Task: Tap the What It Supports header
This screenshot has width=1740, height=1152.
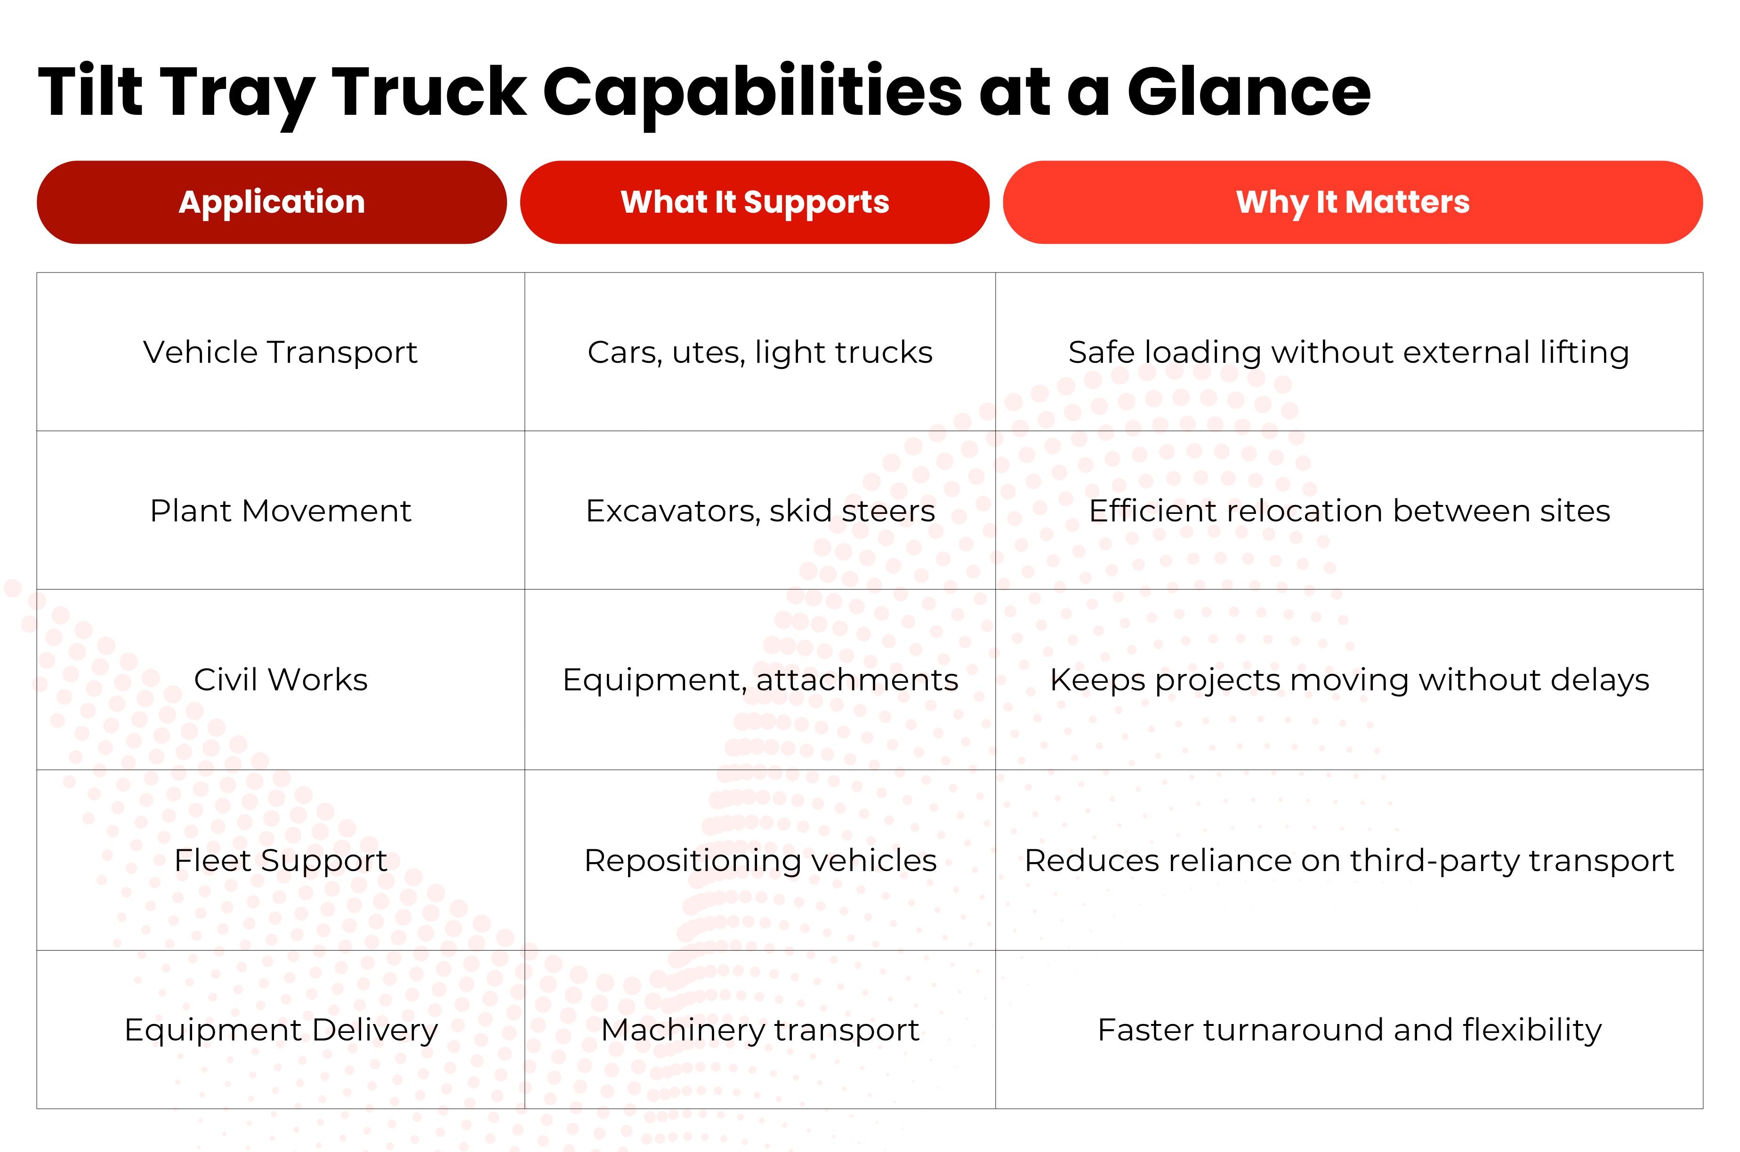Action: pos(755,202)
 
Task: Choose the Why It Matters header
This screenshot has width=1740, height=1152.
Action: pos(1352,202)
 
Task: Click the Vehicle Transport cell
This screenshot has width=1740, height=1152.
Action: pos(280,352)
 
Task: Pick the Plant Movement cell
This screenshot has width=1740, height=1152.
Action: pos(280,511)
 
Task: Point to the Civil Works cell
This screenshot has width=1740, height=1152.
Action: pos(280,680)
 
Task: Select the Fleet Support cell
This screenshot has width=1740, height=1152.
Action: pos(280,860)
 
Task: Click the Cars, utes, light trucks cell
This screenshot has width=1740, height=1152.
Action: pos(760,352)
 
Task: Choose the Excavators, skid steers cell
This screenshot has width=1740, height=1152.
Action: pos(760,511)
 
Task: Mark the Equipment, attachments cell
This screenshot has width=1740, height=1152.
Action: pos(760,680)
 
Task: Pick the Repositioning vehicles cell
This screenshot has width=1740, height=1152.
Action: pos(760,860)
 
